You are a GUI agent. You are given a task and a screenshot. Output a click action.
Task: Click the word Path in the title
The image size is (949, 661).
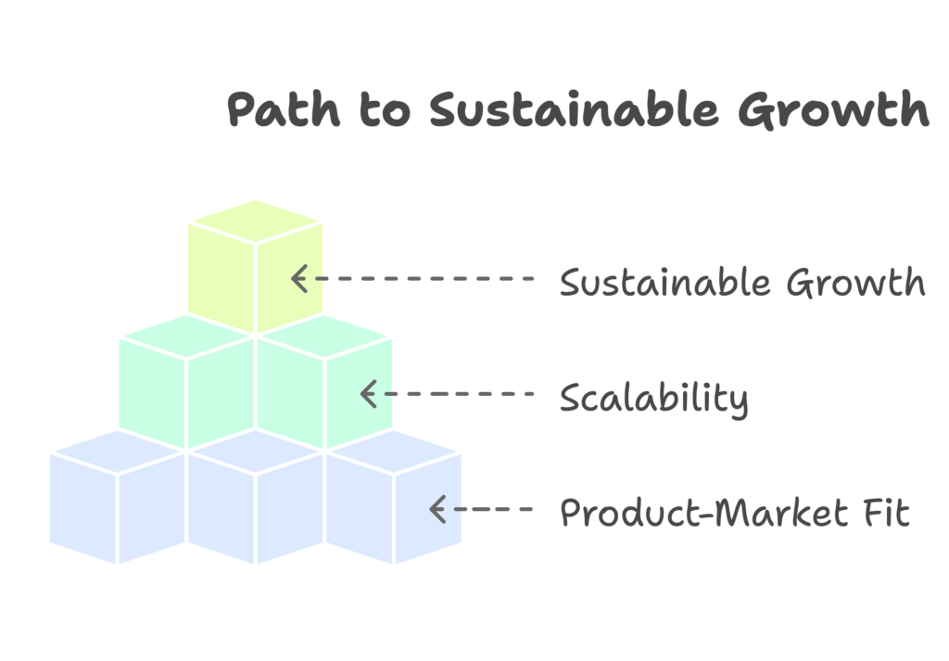click(x=284, y=109)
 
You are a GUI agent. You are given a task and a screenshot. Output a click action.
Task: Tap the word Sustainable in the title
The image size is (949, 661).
click(x=575, y=109)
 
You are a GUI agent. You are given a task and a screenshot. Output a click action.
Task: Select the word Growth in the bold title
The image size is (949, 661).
click(x=833, y=109)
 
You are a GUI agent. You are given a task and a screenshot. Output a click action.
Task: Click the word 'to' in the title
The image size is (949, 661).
click(x=385, y=109)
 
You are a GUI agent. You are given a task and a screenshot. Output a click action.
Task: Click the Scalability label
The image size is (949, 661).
click(x=654, y=399)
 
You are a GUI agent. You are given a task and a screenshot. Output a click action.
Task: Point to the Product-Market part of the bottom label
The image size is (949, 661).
click(x=704, y=513)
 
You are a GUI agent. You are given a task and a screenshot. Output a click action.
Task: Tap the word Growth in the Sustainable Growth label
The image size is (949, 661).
click(x=855, y=282)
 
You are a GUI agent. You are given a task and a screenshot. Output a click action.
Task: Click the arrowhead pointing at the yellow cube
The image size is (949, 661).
click(x=299, y=278)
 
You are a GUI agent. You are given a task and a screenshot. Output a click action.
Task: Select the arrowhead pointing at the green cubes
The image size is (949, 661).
click(x=369, y=394)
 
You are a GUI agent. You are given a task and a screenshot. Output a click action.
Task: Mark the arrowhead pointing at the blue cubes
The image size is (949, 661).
click(x=437, y=509)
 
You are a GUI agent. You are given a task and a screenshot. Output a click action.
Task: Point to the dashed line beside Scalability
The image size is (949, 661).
click(x=451, y=394)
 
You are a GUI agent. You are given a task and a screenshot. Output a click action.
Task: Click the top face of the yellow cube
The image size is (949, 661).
click(x=256, y=222)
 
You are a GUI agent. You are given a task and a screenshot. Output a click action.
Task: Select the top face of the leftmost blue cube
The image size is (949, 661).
click(x=118, y=451)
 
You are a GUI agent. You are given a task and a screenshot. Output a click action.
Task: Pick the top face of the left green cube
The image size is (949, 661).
click(x=186, y=337)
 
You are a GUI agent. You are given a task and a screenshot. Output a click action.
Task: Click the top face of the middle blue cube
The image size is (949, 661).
click(x=256, y=451)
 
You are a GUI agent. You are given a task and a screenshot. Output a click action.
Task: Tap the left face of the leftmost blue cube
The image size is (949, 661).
click(x=82, y=509)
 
